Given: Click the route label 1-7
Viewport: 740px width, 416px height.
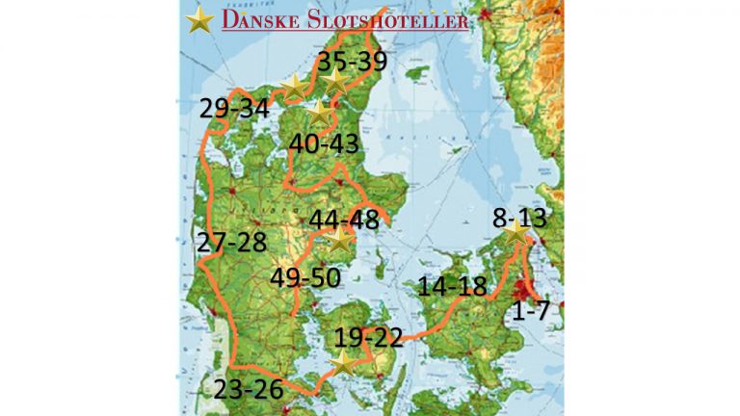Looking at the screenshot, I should coord(530,310).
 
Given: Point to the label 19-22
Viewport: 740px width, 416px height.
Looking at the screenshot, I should coord(369,338).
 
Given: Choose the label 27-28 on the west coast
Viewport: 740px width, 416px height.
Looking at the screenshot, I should coord(231,241).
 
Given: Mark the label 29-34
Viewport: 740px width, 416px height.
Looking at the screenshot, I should coord(234,108).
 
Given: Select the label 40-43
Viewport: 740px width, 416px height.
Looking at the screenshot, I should coord(324,144).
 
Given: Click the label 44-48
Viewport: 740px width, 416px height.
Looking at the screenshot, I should coord(344,219).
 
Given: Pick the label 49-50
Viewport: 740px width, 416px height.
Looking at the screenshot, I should coord(304,277).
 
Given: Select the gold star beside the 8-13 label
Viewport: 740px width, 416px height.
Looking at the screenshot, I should coord(516,232).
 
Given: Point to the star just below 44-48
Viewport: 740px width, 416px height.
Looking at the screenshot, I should coord(339,240).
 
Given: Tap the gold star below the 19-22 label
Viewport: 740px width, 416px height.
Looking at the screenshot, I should coord(342,363).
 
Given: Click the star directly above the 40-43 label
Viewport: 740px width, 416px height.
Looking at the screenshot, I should coord(319,112).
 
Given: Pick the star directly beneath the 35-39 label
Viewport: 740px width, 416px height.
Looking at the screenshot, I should coord(335,83).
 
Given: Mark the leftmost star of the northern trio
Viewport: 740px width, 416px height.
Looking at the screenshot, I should coord(295,87).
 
